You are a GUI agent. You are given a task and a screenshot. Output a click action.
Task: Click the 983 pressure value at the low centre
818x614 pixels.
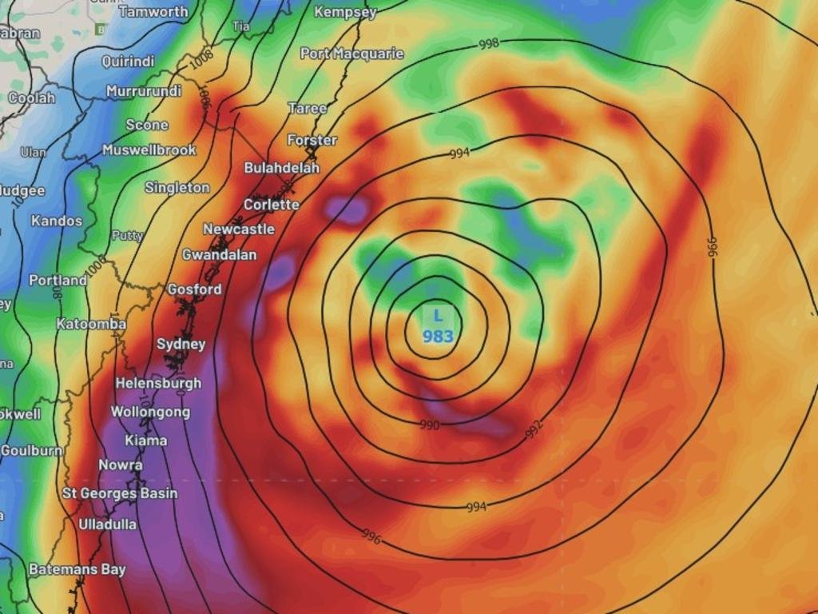coord(438,337)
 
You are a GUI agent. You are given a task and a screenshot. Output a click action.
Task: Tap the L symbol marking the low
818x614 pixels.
coord(438,317)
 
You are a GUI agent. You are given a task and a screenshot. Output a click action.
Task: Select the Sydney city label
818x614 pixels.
coord(181,345)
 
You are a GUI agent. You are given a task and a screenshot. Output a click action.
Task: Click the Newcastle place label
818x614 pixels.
coord(238,229)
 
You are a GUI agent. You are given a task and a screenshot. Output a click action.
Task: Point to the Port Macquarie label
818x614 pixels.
coord(351,54)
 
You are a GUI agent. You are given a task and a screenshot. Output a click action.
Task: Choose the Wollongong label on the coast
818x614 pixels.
coord(150,413)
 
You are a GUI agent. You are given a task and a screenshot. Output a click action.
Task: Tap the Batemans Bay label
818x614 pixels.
coord(77,570)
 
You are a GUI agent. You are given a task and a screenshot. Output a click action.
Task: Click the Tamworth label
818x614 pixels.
coord(153,11)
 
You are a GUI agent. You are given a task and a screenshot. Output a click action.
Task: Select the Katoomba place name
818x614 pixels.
coord(91,324)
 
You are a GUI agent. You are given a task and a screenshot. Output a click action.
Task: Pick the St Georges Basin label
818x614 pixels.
coord(120,493)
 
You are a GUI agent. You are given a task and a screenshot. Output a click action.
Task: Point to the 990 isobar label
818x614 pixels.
coord(430,425)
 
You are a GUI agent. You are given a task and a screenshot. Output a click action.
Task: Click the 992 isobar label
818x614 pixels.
coord(534,429)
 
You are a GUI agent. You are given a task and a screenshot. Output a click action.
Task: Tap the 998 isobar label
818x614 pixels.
coord(489,44)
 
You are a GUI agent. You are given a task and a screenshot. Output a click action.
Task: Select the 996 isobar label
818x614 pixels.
coord(371,536)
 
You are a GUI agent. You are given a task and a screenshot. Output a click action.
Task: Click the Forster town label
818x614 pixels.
coord(312,140)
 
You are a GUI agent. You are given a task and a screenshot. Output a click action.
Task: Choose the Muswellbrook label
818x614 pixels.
coord(149,150)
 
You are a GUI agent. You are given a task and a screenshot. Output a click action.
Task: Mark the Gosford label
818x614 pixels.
coord(194,289)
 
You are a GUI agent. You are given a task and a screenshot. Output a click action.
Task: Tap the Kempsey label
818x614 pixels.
coord(345,12)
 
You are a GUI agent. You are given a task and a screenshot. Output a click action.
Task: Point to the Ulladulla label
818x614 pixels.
coord(107,524)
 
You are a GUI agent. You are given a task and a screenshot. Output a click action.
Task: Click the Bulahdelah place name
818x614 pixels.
coord(281,168)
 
